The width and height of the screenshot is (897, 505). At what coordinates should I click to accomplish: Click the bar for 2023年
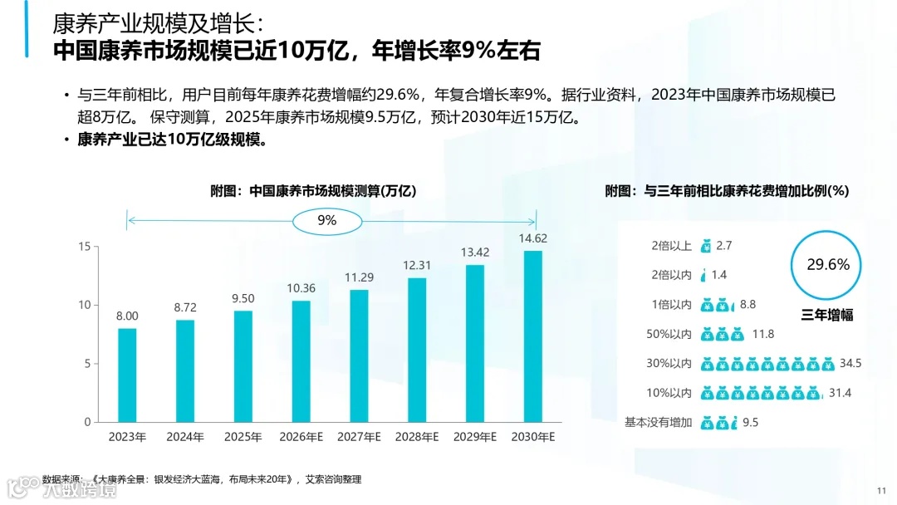pyautogui.click(x=127, y=375)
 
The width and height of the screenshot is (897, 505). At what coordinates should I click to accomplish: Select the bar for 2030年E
pyautogui.click(x=532, y=336)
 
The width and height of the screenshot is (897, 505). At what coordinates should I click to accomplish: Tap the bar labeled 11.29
pyautogui.click(x=359, y=355)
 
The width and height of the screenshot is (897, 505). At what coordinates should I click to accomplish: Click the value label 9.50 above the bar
pyautogui.click(x=243, y=298)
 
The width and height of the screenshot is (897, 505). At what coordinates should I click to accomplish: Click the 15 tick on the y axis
pyautogui.click(x=84, y=247)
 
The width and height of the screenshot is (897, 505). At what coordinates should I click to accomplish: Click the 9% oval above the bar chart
pyautogui.click(x=326, y=220)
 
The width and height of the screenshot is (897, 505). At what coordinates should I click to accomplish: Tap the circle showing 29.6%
pyautogui.click(x=828, y=265)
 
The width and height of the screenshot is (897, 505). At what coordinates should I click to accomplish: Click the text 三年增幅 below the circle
pyautogui.click(x=827, y=315)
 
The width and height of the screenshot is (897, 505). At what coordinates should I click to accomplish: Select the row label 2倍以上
pyautogui.click(x=671, y=245)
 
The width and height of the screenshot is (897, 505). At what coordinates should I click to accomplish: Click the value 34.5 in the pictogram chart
pyautogui.click(x=850, y=364)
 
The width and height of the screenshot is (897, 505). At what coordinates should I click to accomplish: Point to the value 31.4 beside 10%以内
pyautogui.click(x=841, y=393)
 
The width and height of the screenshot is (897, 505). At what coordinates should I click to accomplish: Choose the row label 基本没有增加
pyautogui.click(x=658, y=423)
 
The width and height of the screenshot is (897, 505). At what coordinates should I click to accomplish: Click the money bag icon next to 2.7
pyautogui.click(x=706, y=246)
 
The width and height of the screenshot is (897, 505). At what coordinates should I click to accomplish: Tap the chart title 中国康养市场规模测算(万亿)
pyautogui.click(x=312, y=190)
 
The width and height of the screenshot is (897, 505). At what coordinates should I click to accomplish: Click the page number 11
pyautogui.click(x=881, y=489)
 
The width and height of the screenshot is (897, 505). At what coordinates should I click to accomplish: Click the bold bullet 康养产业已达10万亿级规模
pyautogui.click(x=172, y=140)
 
